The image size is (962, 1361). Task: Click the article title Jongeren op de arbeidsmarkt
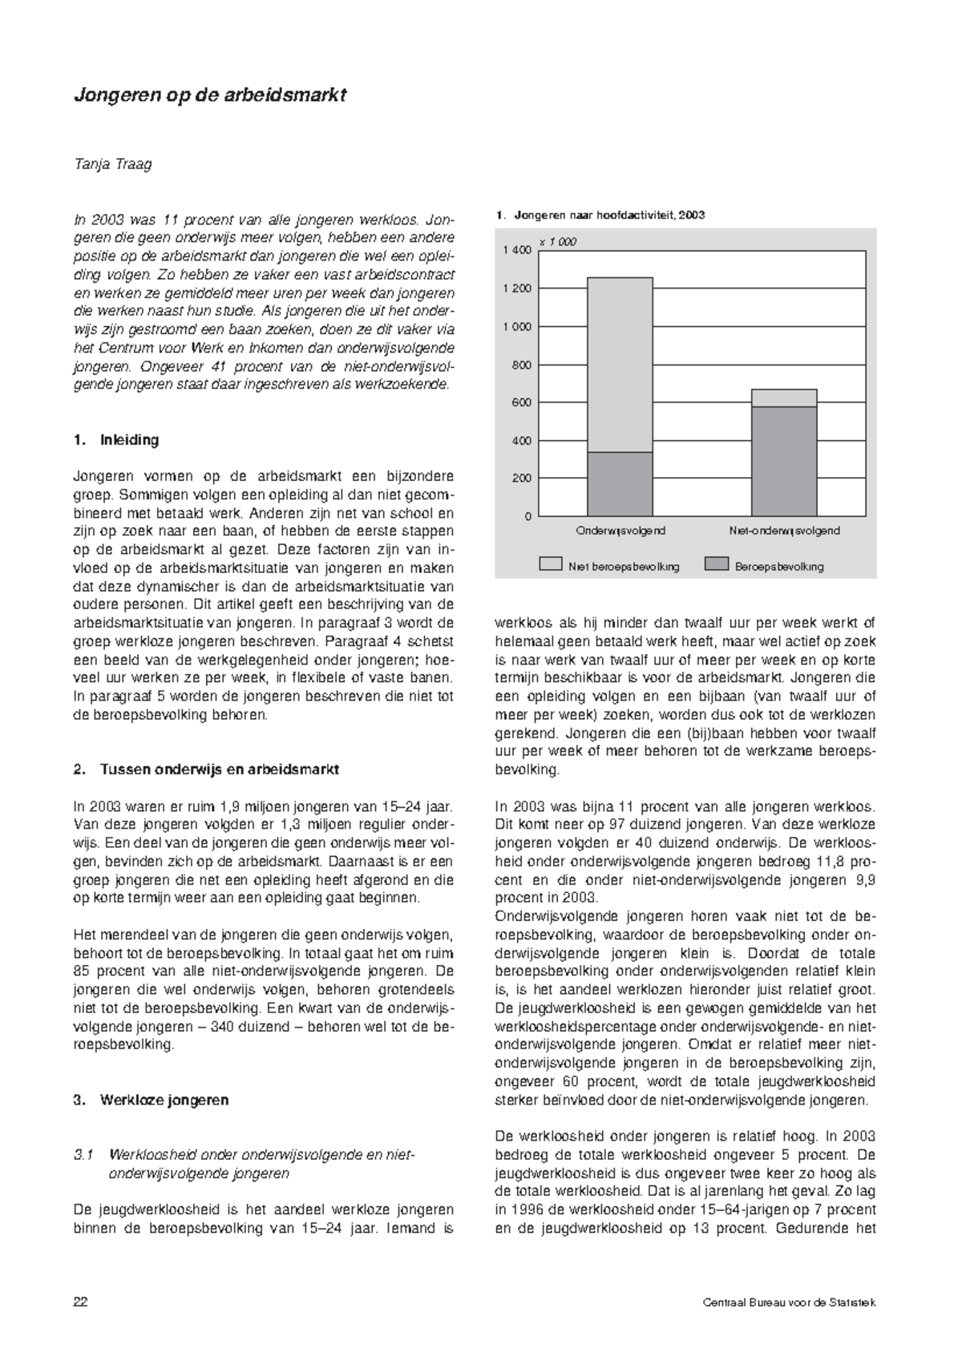pyautogui.click(x=209, y=95)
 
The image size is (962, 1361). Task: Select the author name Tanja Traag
pyautogui.click(x=112, y=165)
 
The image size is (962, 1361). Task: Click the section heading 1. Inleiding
pyautogui.click(x=116, y=440)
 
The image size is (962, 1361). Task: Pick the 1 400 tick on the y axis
pyautogui.click(x=517, y=251)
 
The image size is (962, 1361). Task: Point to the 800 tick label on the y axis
pyautogui.click(x=522, y=365)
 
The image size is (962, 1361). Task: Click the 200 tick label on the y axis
pyautogui.click(x=522, y=479)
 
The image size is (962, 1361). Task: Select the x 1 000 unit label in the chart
pyautogui.click(x=557, y=241)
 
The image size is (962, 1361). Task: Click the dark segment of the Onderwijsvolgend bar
pyautogui.click(x=620, y=483)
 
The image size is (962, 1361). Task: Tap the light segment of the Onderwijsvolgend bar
pyautogui.click(x=620, y=365)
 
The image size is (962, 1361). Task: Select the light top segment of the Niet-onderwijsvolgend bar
pyautogui.click(x=784, y=398)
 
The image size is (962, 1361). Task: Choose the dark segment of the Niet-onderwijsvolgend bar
pyautogui.click(x=784, y=461)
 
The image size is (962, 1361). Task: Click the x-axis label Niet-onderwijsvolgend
pyautogui.click(x=784, y=531)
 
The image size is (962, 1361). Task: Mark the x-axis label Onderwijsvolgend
pyautogui.click(x=620, y=531)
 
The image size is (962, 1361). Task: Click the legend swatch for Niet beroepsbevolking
pyautogui.click(x=550, y=564)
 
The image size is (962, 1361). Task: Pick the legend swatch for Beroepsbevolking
pyautogui.click(x=716, y=564)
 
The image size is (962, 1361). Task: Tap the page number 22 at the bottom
pyautogui.click(x=80, y=1302)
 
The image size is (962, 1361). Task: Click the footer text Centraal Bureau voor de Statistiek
pyautogui.click(x=789, y=1302)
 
